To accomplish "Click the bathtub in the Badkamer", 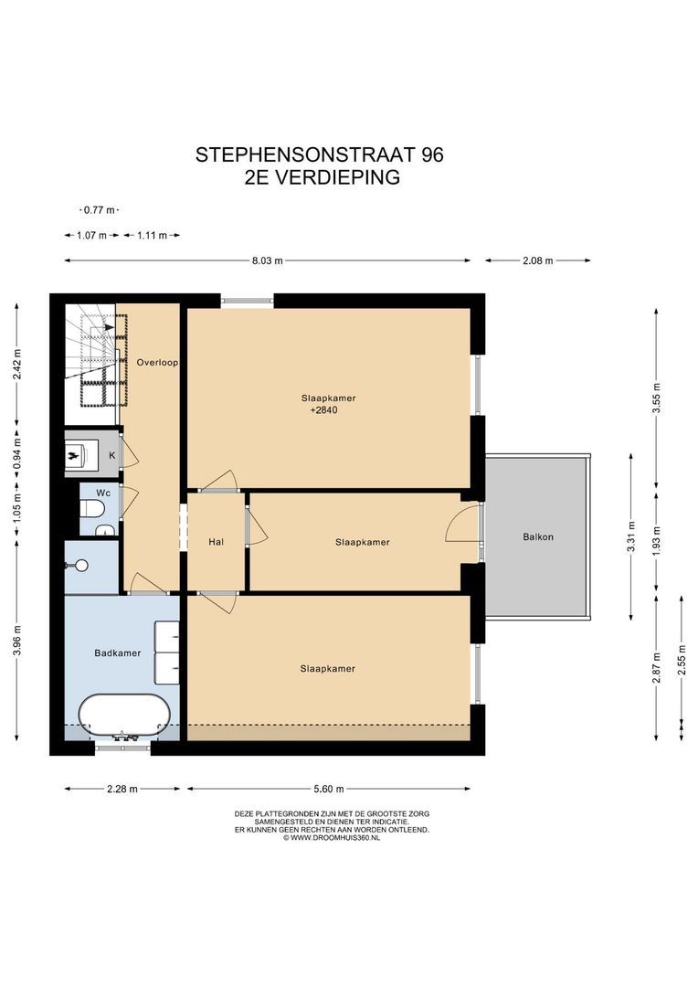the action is (124, 717).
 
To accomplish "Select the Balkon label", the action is (538, 537).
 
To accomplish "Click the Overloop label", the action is (157, 363).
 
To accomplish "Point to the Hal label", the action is (216, 541).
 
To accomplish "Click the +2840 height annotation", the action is (324, 409).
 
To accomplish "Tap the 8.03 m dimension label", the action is (268, 260).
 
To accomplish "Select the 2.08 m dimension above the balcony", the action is (537, 260).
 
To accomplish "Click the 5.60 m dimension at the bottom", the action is (329, 789).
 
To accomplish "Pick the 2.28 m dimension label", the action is (122, 789).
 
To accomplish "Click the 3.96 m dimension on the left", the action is (17, 640).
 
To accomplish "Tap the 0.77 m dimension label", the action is (100, 210).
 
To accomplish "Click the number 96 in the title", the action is (432, 154).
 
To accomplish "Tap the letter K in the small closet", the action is (112, 455).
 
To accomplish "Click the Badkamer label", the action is (118, 653).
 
